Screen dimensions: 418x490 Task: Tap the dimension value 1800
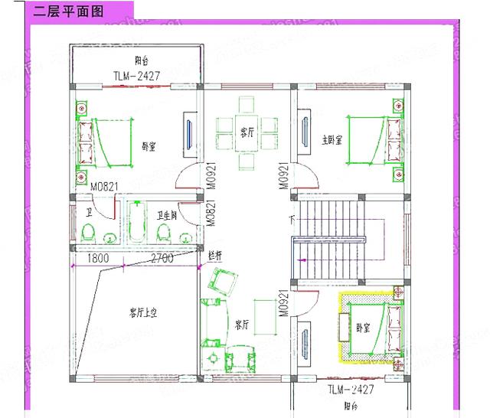tap(97, 259)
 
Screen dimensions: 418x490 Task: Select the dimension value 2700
tap(162, 259)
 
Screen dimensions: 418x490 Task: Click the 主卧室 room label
tap(332, 139)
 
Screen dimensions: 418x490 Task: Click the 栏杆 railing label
tap(215, 254)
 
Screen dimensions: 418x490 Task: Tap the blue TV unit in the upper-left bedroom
tap(188, 132)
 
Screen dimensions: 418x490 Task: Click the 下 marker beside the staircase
tap(292, 221)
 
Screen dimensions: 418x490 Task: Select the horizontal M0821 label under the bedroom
tap(103, 186)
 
